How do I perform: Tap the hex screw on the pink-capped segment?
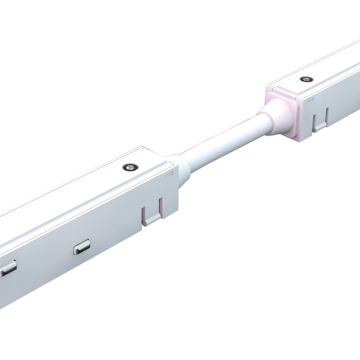306,79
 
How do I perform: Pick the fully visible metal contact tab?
82,247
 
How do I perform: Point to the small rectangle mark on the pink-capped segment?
310,100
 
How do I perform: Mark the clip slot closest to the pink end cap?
314,119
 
